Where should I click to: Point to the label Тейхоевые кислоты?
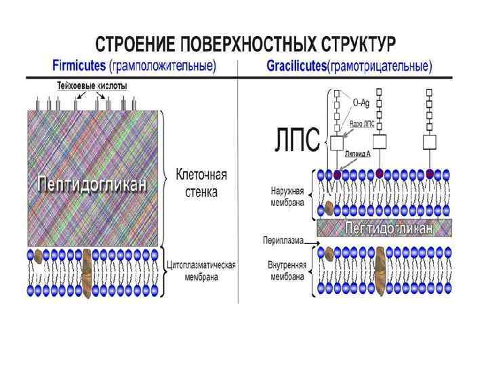coord(91,86)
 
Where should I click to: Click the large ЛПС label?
coord(296,142)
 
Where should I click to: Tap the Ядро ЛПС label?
coord(362,123)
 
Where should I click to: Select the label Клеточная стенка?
coord(201,183)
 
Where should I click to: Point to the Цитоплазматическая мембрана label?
coord(201,270)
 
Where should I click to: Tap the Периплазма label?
coord(281,240)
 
